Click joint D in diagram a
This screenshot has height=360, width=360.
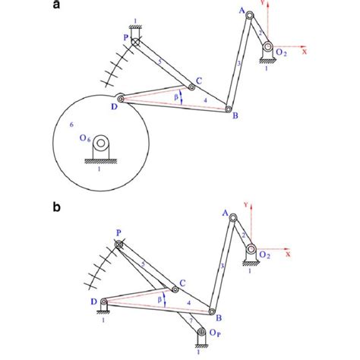[x=120, y=97]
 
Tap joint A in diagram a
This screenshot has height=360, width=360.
[x=249, y=24]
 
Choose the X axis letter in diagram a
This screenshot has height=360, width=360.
[x=304, y=53]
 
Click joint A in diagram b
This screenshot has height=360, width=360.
[x=233, y=220]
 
